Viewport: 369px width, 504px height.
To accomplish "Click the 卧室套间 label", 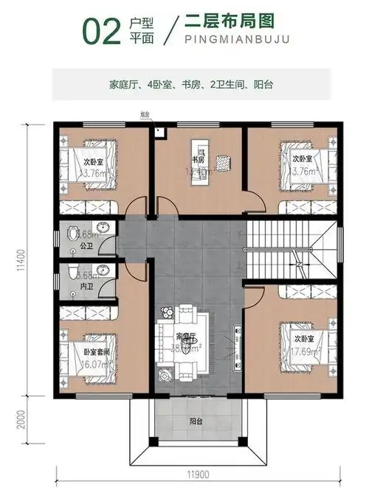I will [94, 353].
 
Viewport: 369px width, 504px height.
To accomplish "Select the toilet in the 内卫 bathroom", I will [72, 273].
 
